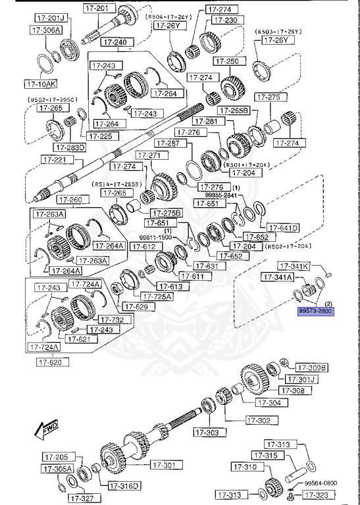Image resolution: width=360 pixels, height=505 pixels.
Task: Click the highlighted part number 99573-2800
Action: [x=316, y=312]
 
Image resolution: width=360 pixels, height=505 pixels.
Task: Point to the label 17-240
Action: [x=116, y=42]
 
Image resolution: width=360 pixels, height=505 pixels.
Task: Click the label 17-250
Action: [x=230, y=61]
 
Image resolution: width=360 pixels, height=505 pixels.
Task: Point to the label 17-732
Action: [x=115, y=319]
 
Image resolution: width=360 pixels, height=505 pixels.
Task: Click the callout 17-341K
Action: [x=294, y=266]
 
